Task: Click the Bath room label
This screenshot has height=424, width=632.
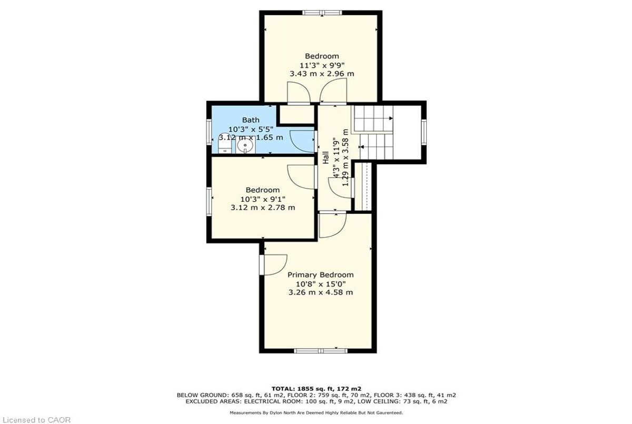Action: [251, 120]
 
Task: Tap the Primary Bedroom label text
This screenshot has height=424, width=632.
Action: [321, 275]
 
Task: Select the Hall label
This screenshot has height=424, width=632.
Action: [325, 157]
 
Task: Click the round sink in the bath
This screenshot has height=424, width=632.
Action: [245, 145]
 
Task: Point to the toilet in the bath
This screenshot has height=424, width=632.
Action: [225, 143]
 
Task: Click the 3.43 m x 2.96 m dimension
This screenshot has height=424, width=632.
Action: [322, 74]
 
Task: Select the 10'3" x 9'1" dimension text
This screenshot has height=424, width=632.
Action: [263, 199]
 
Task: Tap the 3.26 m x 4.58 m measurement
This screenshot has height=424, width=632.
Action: [321, 292]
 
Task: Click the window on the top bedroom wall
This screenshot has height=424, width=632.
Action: [322, 13]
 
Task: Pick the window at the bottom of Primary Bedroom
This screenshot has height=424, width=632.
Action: [321, 351]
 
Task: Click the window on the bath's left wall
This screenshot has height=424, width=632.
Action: [209, 132]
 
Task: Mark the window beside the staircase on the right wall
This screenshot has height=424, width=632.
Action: [423, 132]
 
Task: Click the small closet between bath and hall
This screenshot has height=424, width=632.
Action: [297, 114]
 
